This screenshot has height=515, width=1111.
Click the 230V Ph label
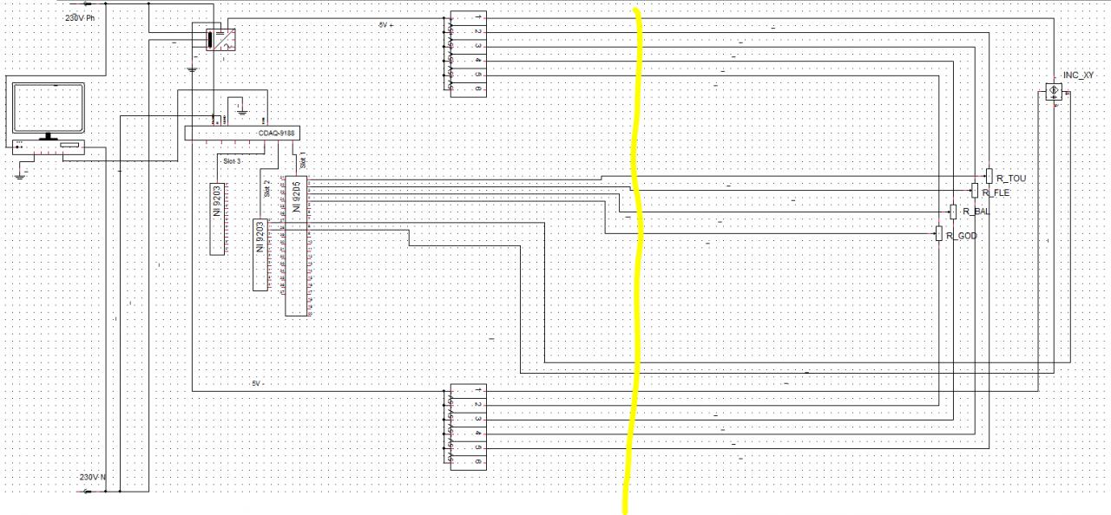80,18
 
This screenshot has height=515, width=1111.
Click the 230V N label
93,478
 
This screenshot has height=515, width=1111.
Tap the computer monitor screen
48,109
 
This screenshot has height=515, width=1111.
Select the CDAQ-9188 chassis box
235,133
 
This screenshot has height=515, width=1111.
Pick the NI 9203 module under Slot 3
216,218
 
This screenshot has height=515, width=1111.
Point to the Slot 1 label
303,162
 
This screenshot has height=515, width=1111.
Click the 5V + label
385,25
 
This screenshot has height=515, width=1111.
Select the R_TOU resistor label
1010,179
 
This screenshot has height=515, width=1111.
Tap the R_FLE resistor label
996,193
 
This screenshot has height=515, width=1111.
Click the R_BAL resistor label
976,212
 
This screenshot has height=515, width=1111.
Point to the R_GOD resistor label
962,236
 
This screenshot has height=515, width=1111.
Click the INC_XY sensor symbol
1055,91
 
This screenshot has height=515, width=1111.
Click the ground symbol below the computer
20,174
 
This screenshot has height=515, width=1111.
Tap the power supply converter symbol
220,39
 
